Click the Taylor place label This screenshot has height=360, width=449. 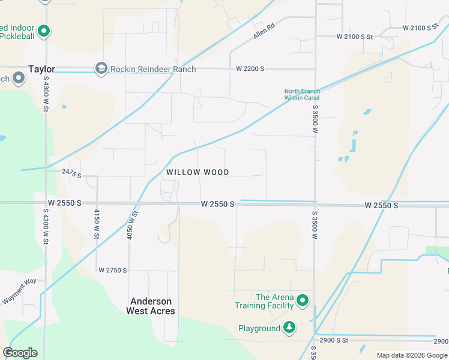coord(41,69)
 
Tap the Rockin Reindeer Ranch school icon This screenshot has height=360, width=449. coord(101,69)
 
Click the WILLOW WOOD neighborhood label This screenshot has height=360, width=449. coord(197,172)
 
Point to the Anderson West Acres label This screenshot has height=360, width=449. coord(151,306)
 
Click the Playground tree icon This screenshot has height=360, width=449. coord(290,328)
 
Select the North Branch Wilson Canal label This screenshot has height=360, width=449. coord(302,95)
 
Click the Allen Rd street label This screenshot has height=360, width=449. coord(264,31)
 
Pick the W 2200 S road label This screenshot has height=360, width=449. coord(250,69)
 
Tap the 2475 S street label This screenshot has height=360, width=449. coord(71,172)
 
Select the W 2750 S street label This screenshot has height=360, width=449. coord(113,271)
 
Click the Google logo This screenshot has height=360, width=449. coord(20,353)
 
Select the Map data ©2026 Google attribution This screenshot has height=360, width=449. coord(412,355)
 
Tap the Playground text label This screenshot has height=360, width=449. coord(259,328)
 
